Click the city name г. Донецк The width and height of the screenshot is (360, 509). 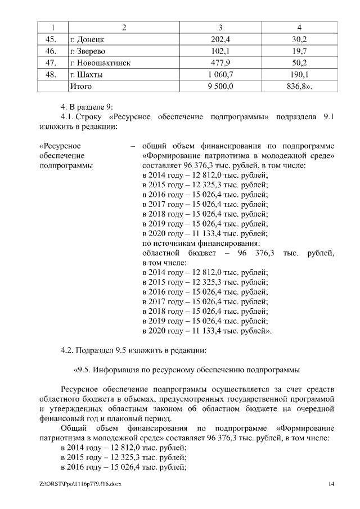[x=87, y=39]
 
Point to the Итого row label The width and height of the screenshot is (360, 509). [x=80, y=87]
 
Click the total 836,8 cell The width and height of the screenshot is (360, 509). [x=300, y=87]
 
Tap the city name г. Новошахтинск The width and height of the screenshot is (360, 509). [x=100, y=63]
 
